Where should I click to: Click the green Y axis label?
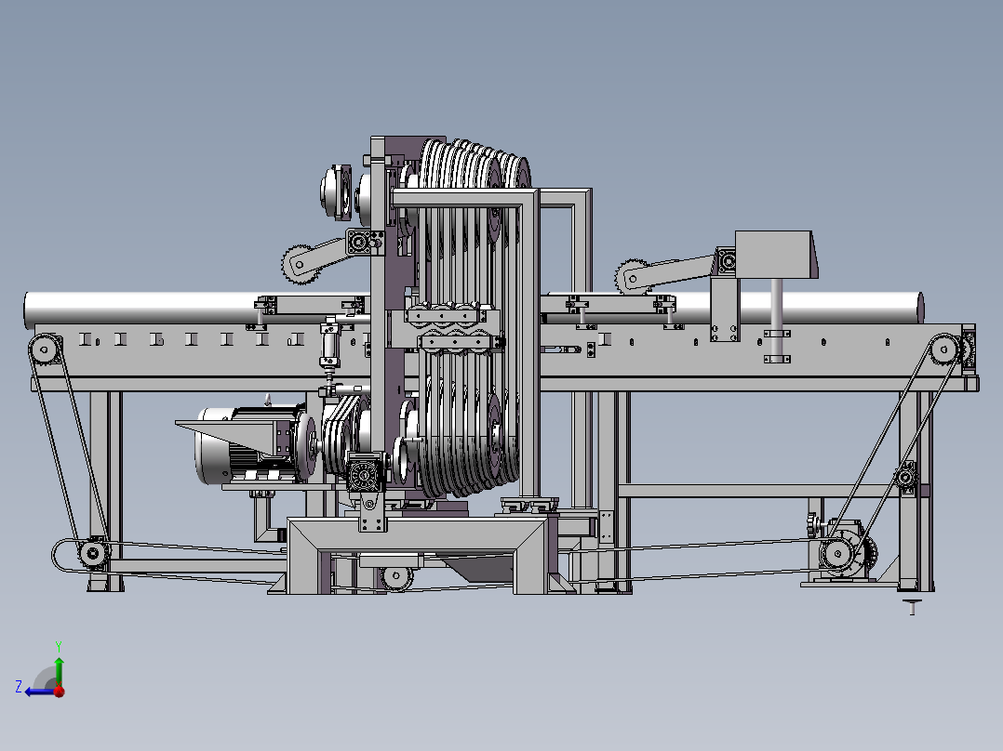(x=59, y=646)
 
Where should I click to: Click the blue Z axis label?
(x=19, y=687)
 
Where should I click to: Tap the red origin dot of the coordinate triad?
(x=60, y=692)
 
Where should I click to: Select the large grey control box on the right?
(x=776, y=255)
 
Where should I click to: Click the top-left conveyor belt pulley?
(x=44, y=349)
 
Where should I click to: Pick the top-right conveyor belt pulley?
(x=944, y=349)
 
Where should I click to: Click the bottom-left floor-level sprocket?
(x=93, y=551)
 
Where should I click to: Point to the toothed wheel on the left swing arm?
(x=300, y=264)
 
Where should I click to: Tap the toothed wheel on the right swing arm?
(x=632, y=277)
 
